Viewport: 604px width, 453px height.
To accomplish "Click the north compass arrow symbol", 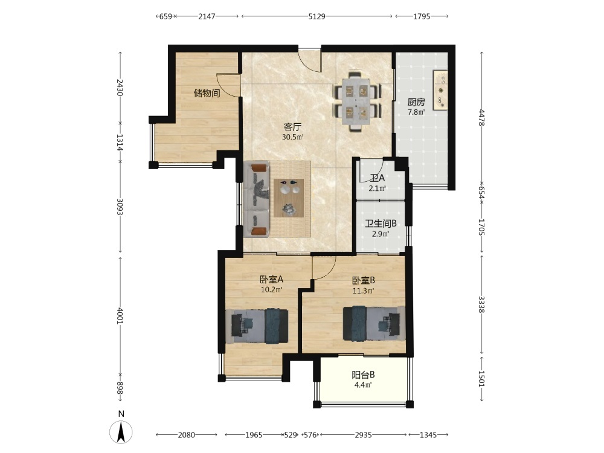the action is [x=121, y=432].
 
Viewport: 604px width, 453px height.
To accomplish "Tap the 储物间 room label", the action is [x=207, y=93].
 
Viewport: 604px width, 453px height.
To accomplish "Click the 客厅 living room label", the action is [x=292, y=127].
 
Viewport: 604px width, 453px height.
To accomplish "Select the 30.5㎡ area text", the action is [x=293, y=137].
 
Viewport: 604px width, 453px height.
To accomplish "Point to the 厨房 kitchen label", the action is [x=416, y=102].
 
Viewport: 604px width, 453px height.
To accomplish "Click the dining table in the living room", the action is [x=358, y=101].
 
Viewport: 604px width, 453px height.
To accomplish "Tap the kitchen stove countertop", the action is [x=440, y=90].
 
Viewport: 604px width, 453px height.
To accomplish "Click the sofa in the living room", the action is [x=257, y=199].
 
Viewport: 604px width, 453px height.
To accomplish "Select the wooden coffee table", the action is [x=289, y=198].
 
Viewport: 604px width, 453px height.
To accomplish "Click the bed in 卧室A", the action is [x=257, y=326].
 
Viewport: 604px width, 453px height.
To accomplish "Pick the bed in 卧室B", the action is [x=374, y=323].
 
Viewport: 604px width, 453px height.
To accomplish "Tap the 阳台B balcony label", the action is [x=363, y=375].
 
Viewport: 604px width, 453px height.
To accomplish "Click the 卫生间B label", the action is [x=381, y=223].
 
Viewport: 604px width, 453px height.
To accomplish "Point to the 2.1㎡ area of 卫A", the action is [x=377, y=188].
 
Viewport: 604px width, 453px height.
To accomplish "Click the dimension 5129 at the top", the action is [x=316, y=16].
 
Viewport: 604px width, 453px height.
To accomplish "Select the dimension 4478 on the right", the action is [x=481, y=117].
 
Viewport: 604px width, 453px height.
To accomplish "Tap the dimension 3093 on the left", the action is [x=120, y=207].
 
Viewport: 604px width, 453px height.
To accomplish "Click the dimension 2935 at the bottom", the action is [x=363, y=435].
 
